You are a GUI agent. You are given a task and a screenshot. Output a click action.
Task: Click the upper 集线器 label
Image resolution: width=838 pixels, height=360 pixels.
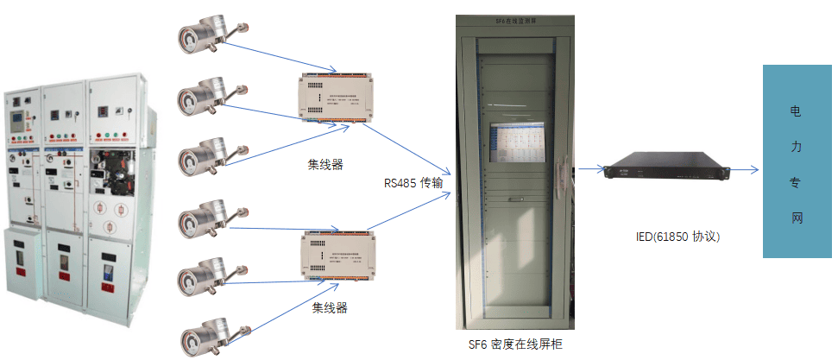tap(325, 164)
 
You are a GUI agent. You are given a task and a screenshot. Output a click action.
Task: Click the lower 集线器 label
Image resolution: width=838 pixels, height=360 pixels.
tap(329, 307)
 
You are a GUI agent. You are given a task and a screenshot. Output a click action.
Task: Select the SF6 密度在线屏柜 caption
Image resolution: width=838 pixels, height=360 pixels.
tap(516, 344)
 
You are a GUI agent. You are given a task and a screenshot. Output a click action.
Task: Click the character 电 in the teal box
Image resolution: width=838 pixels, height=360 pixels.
tap(796, 112)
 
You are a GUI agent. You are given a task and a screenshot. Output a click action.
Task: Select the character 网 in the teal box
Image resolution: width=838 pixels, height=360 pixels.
tap(796, 218)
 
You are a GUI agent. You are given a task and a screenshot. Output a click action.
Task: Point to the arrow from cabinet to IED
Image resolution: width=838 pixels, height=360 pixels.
tap(589, 169)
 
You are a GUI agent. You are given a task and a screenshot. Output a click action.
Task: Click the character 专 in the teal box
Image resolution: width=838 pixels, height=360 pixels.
tap(796, 183)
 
